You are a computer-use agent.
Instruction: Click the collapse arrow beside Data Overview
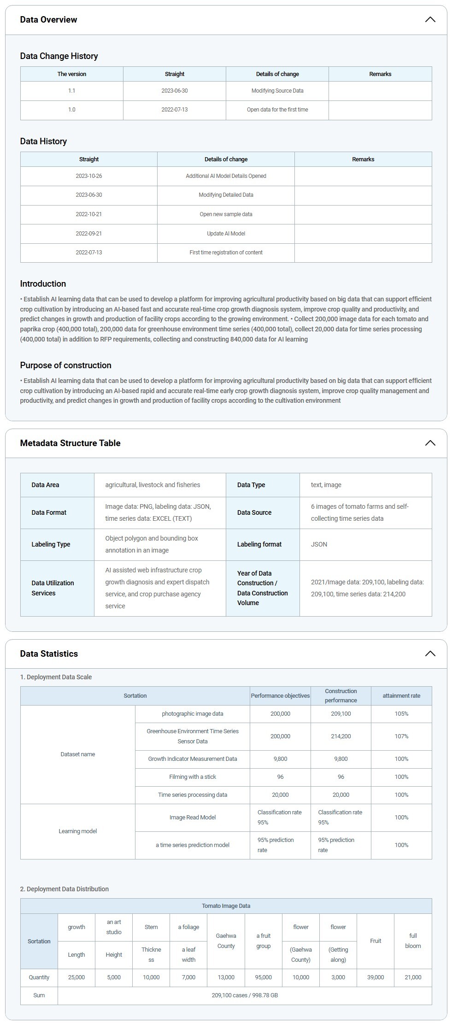click(429, 20)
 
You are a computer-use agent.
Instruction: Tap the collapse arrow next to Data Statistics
click(429, 653)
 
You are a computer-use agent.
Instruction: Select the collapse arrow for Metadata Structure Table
click(429, 443)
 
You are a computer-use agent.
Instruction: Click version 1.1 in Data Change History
click(71, 91)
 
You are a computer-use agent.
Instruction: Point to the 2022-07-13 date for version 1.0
click(174, 110)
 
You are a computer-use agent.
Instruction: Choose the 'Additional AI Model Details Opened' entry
click(226, 176)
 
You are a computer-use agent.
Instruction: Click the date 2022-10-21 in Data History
click(88, 214)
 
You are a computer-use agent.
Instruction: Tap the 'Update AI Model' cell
click(226, 234)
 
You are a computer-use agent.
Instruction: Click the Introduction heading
click(43, 284)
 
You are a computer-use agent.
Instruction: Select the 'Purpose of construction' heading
click(65, 365)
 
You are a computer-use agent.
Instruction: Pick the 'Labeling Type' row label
click(51, 544)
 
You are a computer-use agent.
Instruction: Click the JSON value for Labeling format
click(319, 544)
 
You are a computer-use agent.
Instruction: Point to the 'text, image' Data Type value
click(326, 485)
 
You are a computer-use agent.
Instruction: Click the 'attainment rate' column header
click(401, 696)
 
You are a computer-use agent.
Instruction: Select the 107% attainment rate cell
click(401, 736)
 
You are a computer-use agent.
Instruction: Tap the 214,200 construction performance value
click(341, 736)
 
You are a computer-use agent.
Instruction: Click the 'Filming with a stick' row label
click(192, 777)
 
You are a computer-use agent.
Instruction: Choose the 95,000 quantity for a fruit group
click(263, 977)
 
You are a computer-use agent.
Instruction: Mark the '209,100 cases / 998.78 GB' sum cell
click(244, 995)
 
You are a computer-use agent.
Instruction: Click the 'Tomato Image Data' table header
click(226, 906)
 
